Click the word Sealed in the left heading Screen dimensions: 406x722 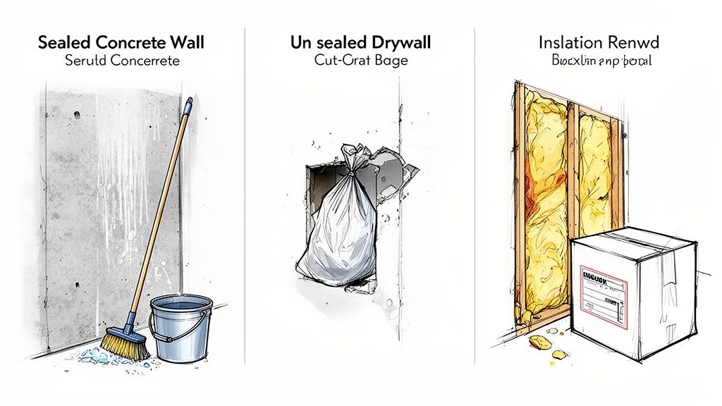tap(64, 42)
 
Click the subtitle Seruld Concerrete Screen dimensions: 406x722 tap(122, 61)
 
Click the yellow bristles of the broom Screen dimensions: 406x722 tap(126, 346)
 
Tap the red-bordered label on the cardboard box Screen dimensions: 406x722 tap(604, 295)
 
